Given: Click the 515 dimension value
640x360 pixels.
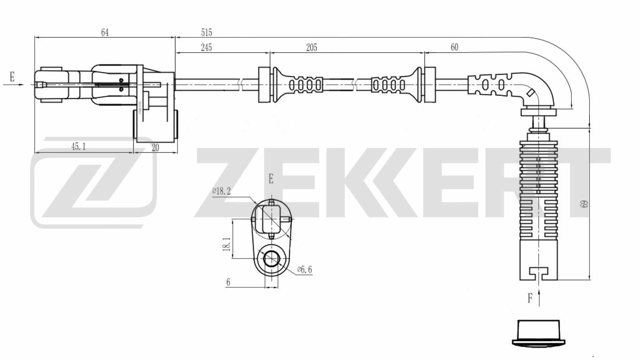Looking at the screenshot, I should pyautogui.click(x=206, y=32).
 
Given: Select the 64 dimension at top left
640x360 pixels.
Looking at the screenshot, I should pyautogui.click(x=105, y=32).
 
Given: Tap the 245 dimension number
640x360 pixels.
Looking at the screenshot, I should pyautogui.click(x=206, y=47).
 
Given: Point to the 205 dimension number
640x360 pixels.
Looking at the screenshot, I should pyautogui.click(x=311, y=47).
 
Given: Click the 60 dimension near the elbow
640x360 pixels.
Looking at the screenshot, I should pyautogui.click(x=455, y=47).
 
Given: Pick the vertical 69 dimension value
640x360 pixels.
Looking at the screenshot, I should pyautogui.click(x=584, y=204).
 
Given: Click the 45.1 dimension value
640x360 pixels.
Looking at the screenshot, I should pyautogui.click(x=79, y=146).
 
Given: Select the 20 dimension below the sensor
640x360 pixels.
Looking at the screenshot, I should pyautogui.click(x=155, y=148).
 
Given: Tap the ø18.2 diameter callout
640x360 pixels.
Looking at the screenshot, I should pyautogui.click(x=222, y=191).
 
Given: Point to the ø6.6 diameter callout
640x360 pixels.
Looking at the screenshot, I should pyautogui.click(x=304, y=270).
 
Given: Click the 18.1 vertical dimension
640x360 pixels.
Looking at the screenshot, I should pyautogui.click(x=227, y=244).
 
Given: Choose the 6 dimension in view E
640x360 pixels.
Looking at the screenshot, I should pyautogui.click(x=228, y=282).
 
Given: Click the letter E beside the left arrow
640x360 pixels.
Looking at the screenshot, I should pyautogui.click(x=12, y=77).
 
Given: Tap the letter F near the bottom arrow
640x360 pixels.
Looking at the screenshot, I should pyautogui.click(x=530, y=298).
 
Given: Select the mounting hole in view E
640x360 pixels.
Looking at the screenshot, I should pyautogui.click(x=272, y=259).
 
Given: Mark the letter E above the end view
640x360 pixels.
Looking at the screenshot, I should pyautogui.click(x=271, y=179).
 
